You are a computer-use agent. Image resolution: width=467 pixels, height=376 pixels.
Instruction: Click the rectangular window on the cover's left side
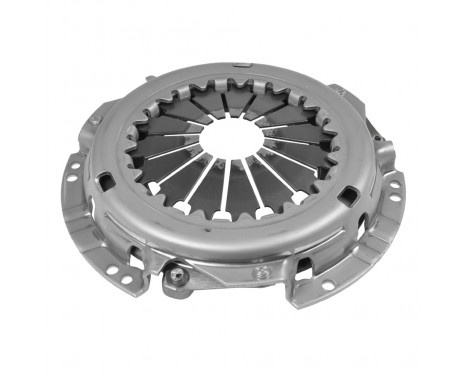(104, 180)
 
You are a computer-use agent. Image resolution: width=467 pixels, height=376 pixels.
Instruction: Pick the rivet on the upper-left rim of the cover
(95, 120)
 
